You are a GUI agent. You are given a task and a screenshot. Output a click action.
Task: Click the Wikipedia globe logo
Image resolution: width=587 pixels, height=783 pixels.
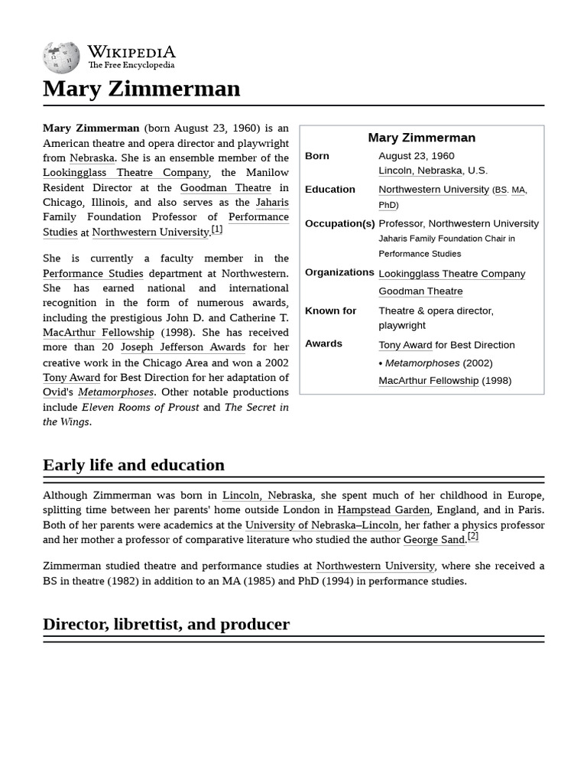coord(61,57)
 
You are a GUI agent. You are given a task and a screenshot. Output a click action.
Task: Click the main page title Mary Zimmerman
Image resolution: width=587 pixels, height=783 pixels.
coord(141,89)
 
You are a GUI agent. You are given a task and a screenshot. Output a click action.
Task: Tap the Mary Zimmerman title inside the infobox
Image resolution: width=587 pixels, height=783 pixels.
coord(421,138)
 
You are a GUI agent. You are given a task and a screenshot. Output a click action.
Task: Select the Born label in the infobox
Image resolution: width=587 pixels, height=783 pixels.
coord(317,156)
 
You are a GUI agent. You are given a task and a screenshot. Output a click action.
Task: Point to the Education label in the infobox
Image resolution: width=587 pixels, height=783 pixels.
coord(330,190)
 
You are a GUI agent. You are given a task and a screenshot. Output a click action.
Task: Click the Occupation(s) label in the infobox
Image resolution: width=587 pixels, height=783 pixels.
coord(339,223)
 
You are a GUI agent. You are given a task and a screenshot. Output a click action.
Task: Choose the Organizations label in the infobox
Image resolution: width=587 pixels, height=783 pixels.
coord(339,272)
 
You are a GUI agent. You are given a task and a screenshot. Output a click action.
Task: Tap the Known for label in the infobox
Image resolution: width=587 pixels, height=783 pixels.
coord(330,310)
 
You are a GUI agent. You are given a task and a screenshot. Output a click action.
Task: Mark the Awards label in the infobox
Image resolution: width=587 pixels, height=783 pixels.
coord(323,344)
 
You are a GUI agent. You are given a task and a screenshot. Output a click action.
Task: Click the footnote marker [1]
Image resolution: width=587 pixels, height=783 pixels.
coord(217,229)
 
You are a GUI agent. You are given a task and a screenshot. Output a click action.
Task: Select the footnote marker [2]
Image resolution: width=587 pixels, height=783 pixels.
coord(473,537)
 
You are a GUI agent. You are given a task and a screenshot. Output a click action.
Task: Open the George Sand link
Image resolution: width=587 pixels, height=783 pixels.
coord(434,540)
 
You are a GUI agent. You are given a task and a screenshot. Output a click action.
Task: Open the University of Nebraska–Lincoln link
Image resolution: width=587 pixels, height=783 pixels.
coord(322,525)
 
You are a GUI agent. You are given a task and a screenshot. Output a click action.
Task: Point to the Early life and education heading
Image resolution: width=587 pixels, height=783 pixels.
coord(134,465)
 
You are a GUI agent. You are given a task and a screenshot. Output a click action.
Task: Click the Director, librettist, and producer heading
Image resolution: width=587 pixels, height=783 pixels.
coord(166,624)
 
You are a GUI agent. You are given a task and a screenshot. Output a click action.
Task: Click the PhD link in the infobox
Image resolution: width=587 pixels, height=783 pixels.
coord(388,205)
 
